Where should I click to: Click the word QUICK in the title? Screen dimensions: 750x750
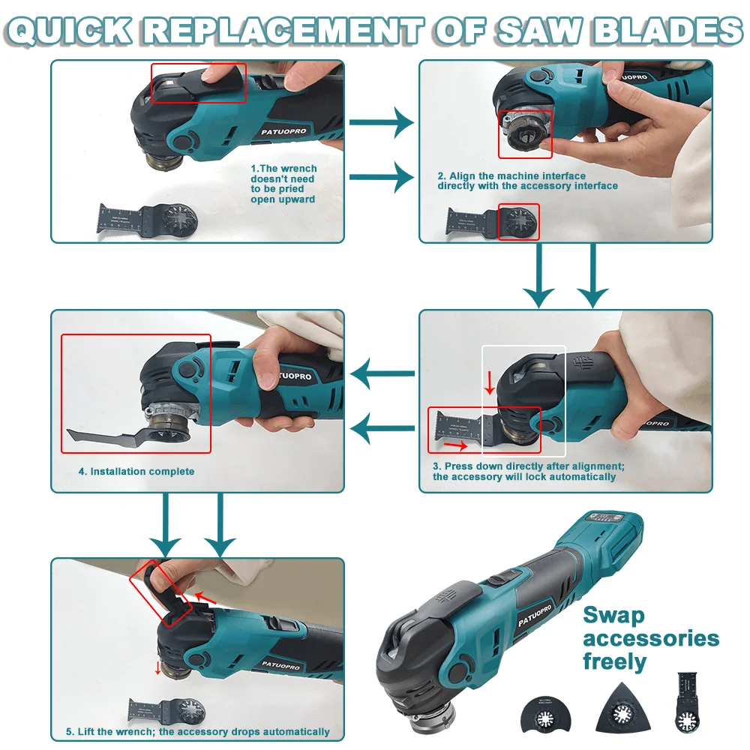[x=69, y=31]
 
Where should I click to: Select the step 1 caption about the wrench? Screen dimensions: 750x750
[x=283, y=184]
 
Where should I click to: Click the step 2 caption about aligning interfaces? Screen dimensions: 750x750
[x=527, y=181]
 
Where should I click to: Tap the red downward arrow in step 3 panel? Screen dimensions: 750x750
[x=489, y=382]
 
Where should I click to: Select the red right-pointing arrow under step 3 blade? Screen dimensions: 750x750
[x=456, y=445]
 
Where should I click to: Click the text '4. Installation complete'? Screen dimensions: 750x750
[x=136, y=472]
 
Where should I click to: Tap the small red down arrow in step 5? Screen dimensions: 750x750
[x=158, y=668]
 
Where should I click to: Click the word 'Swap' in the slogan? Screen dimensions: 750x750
[x=613, y=616]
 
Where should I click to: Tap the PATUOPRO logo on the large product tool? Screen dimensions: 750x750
[x=535, y=614]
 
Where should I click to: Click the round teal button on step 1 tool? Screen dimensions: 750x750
[x=182, y=142]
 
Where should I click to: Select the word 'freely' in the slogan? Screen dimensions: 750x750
[x=615, y=662]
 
